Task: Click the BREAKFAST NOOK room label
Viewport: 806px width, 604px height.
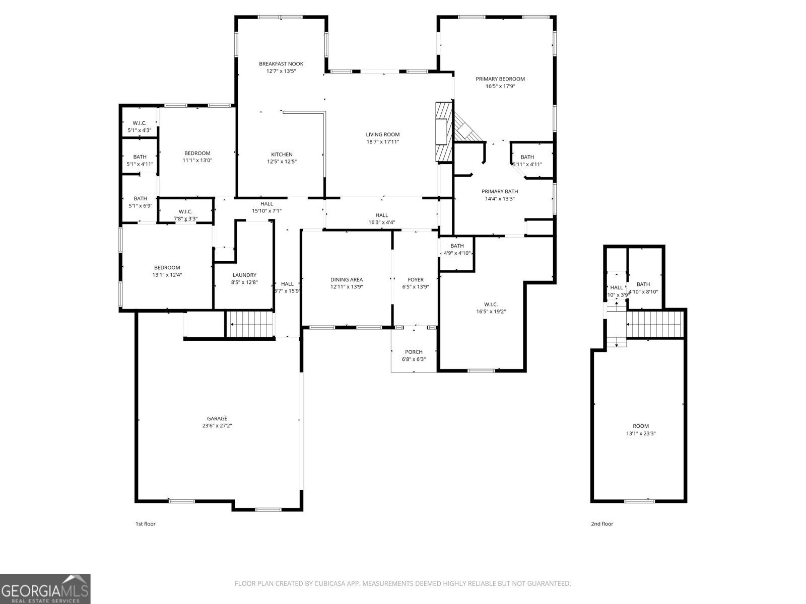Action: [281, 64]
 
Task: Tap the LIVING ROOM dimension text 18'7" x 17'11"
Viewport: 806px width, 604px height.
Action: [383, 142]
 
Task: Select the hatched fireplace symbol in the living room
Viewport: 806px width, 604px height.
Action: [442, 132]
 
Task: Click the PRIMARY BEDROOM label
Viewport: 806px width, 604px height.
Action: [500, 79]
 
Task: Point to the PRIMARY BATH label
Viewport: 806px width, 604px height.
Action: [500, 191]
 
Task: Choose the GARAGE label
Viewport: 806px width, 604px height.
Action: [217, 418]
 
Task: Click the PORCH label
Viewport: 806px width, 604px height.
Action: [414, 352]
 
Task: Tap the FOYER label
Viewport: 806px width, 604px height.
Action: [416, 279]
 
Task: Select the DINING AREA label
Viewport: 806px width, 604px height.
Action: [347, 279]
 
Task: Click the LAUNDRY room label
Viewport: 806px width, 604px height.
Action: [244, 275]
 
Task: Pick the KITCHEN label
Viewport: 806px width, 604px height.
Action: [282, 155]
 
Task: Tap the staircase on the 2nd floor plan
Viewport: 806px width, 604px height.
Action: [654, 324]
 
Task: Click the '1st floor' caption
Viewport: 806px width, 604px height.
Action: [146, 524]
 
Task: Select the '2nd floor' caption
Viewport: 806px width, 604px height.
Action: [602, 524]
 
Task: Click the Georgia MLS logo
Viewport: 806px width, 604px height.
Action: [45, 589]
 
